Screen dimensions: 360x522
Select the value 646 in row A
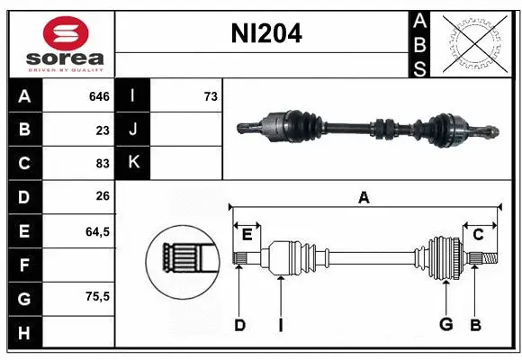coord(98,95)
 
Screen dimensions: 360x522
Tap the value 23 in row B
coord(103,130)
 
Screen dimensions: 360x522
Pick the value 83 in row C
coord(103,164)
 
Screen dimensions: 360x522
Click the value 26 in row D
coord(103,197)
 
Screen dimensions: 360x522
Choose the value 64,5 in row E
coord(97,231)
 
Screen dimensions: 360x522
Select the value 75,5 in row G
coord(97,296)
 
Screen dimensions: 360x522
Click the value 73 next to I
coord(211,95)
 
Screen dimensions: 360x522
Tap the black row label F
coord(23,265)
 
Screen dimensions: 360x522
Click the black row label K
coord(134,163)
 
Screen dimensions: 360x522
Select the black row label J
coord(134,130)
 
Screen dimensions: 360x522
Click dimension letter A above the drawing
coord(364,198)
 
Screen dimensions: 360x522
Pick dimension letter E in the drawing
coord(247,234)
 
